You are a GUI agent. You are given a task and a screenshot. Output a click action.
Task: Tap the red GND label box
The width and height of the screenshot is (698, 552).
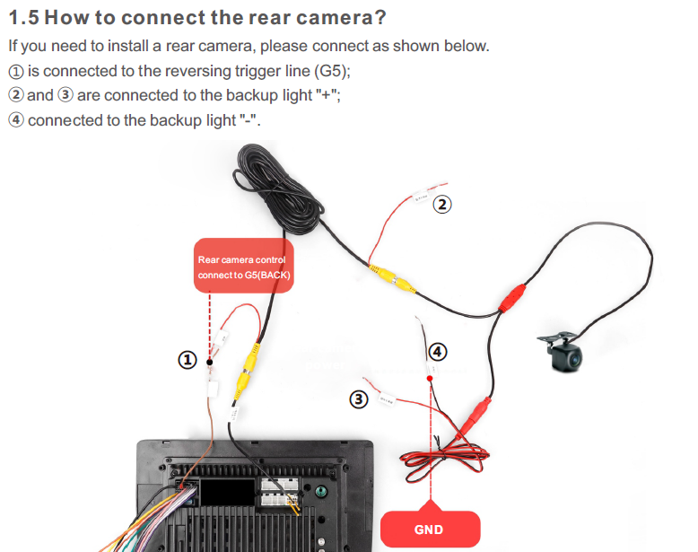pyautogui.click(x=429, y=529)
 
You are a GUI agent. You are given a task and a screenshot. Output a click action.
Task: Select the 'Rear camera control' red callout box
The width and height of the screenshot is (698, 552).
pyautogui.click(x=244, y=267)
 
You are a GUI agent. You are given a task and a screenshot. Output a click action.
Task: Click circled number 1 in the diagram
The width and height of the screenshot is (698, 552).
pyautogui.click(x=187, y=360)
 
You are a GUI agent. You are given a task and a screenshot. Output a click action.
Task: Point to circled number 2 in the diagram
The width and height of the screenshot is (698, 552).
pyautogui.click(x=441, y=205)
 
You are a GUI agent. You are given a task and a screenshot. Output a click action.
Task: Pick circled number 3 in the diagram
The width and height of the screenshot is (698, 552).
pyautogui.click(x=359, y=399)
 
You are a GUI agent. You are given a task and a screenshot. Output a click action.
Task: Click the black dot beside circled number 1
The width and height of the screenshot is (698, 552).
pyautogui.click(x=209, y=362)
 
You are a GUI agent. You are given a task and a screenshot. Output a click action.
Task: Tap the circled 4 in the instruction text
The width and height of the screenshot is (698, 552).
pyautogui.click(x=15, y=119)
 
